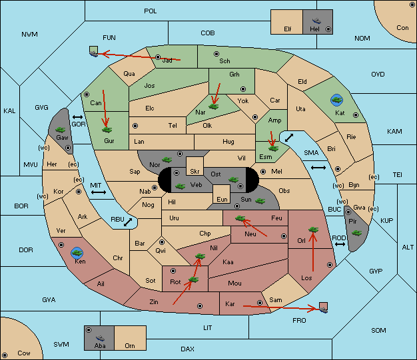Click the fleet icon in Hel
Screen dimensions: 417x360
(316, 21)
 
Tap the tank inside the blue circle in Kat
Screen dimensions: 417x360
(336, 100)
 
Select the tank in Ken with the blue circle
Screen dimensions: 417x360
(77, 253)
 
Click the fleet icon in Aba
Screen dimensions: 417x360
(100, 338)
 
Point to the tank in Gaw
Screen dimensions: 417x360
(61, 130)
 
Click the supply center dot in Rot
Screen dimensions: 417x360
(173, 271)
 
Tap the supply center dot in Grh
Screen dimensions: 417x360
(243, 89)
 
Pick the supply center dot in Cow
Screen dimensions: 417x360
(5, 355)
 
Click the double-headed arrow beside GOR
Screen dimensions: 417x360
(77, 117)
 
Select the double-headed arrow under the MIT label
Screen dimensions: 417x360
(99, 192)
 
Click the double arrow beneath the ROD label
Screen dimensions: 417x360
(340, 244)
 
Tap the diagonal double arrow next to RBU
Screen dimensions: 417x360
(128, 222)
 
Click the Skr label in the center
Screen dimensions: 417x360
(195, 172)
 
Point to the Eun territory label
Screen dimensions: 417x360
(222, 199)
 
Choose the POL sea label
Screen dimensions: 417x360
(151, 11)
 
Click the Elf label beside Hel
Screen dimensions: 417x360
(288, 29)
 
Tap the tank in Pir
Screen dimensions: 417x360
(356, 233)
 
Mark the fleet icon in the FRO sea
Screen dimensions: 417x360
(323, 310)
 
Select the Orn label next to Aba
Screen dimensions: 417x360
(130, 345)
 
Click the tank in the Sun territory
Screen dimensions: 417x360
(260, 201)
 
